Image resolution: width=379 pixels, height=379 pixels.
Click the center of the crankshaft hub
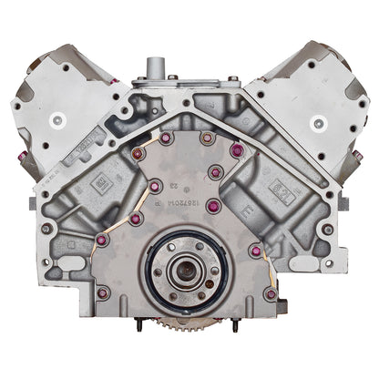189,275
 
